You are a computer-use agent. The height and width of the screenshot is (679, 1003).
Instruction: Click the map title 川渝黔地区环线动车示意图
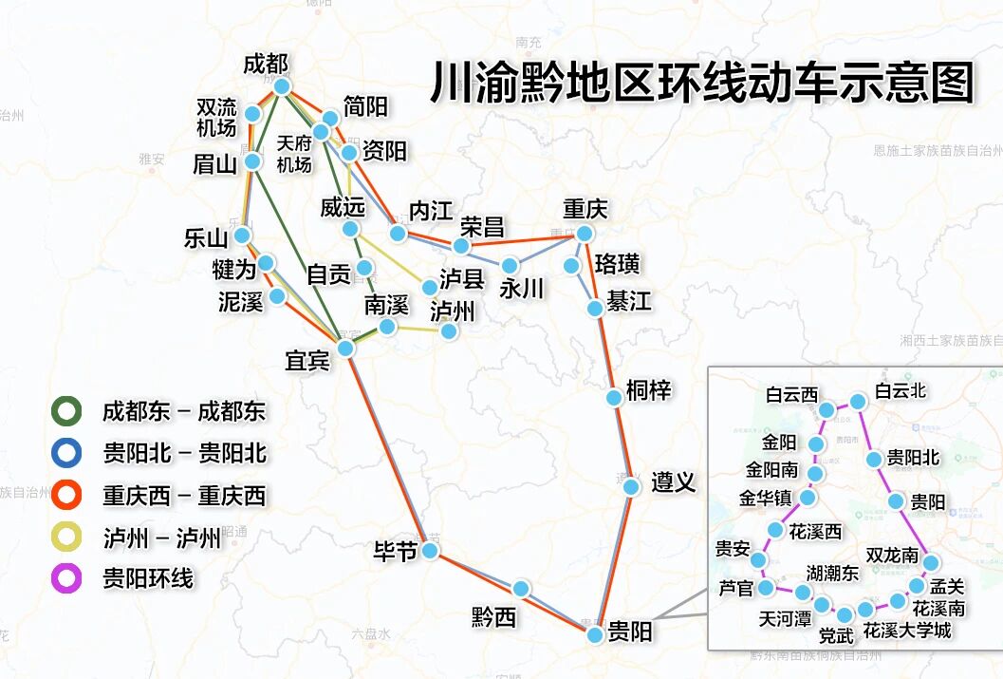coord(703,83)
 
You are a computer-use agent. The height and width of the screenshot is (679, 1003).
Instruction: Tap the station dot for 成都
coord(282,86)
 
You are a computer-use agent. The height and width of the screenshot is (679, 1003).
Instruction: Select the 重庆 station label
coord(585,209)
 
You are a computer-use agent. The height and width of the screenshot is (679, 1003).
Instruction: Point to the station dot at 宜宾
coord(346,349)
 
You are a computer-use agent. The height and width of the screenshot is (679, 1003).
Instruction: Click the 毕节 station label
coord(396,551)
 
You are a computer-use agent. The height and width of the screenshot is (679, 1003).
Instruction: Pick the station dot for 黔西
coord(521,589)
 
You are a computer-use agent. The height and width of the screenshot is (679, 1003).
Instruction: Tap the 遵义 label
coord(674,482)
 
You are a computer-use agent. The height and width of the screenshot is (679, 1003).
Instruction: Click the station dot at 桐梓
coord(614,397)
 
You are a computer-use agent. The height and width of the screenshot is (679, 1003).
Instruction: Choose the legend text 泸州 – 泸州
coord(161,538)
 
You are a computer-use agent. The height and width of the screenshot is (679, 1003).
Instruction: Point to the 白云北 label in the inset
coord(900,390)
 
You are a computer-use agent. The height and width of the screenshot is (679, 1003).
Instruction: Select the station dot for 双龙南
coord(931,563)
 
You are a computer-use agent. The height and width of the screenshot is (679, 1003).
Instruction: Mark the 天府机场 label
coord(294,154)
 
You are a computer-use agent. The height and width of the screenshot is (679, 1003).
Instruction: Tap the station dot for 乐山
coord(244,235)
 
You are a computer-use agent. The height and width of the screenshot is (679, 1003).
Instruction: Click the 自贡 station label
coord(328,274)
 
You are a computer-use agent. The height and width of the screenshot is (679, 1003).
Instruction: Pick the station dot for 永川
coord(511,265)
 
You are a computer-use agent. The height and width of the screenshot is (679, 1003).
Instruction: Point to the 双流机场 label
coord(216,117)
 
